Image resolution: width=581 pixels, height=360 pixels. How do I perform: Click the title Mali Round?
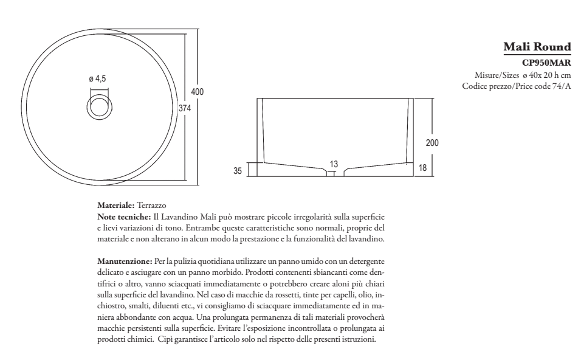click(537, 47)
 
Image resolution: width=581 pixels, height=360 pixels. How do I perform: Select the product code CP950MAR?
click(546, 62)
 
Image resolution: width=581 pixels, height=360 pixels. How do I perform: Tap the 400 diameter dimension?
click(197, 91)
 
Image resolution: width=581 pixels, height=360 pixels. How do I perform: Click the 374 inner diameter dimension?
click(185, 108)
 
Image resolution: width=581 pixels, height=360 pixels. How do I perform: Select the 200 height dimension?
click(431, 143)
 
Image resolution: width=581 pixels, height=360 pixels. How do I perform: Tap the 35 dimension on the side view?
click(238, 171)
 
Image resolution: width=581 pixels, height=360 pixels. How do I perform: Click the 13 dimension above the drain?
click(334, 164)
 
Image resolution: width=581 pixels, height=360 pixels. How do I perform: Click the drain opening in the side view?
click(331, 173)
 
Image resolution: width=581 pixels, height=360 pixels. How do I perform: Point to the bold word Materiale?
click(116, 206)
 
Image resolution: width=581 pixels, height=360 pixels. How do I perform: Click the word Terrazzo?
click(152, 206)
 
